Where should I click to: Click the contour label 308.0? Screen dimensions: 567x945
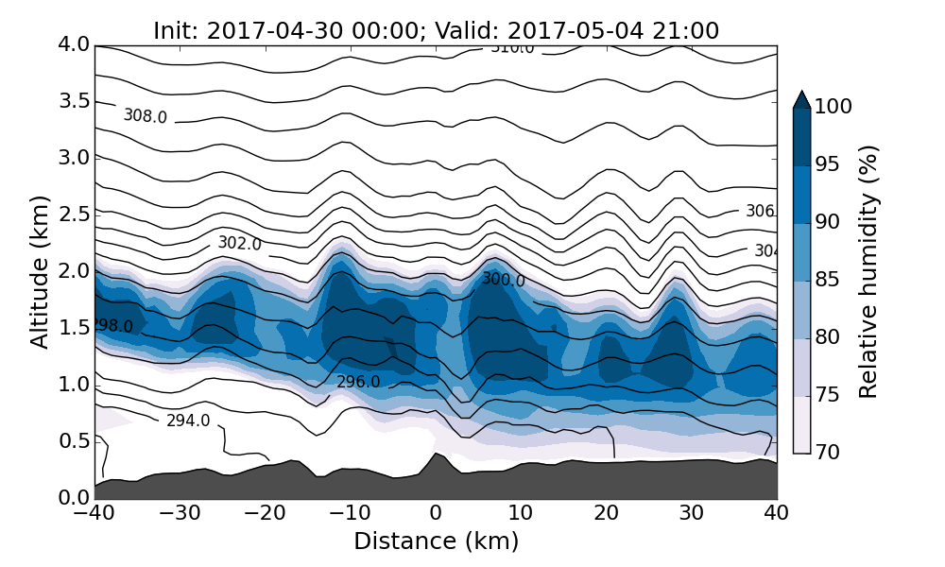(145, 116)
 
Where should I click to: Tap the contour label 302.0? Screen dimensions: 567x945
(239, 243)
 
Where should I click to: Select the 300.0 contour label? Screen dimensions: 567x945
(503, 280)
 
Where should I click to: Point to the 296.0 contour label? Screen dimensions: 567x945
(358, 382)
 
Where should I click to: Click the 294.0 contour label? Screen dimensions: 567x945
(188, 421)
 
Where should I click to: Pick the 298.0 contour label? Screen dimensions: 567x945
(112, 326)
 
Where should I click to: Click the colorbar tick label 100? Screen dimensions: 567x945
(833, 107)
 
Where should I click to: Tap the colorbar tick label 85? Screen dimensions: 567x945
(828, 280)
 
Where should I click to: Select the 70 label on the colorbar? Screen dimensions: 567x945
(828, 453)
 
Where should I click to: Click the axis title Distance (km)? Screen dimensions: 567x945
(436, 541)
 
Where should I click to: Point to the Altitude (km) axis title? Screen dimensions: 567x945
(40, 271)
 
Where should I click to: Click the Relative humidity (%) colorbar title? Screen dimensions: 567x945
(868, 271)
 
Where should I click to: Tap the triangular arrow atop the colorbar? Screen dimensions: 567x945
(801, 99)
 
